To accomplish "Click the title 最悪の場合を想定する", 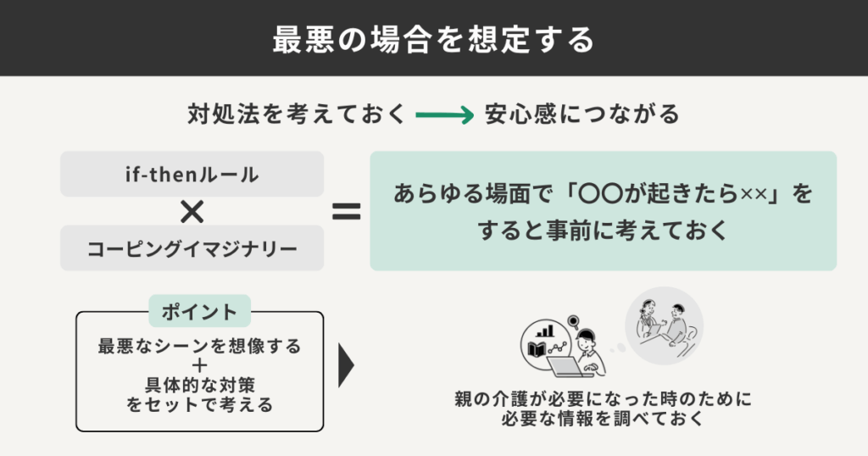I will (433, 39).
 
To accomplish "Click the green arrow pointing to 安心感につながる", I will (444, 115).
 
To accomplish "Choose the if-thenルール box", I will (192, 175).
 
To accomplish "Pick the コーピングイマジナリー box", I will (192, 248).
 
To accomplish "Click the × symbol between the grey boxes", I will (192, 211).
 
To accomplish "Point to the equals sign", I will (346, 211).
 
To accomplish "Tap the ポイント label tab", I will (200, 311).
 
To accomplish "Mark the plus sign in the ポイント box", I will (199, 365).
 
